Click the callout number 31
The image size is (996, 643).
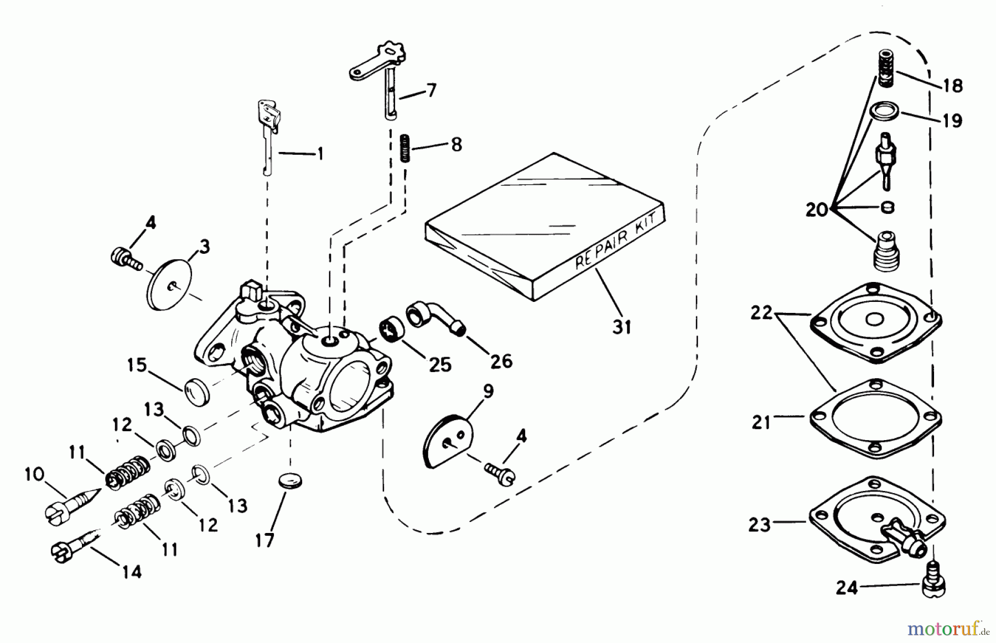coord(622,327)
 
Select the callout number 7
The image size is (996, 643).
coord(431,90)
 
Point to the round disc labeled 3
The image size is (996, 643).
coord(169,286)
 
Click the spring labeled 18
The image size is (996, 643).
coord(886,67)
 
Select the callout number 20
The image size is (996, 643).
coord(816,210)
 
